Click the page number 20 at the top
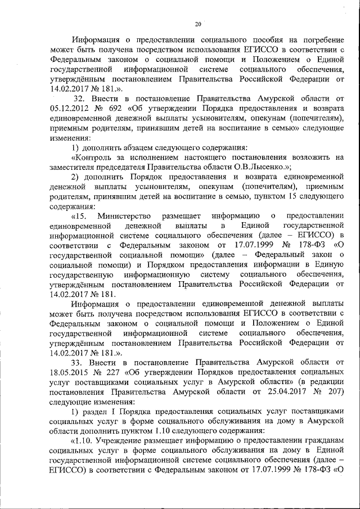[197, 24]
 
